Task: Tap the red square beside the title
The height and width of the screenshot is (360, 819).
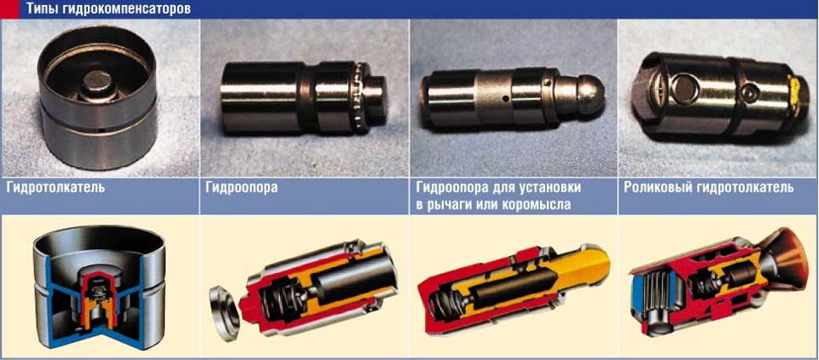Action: coord(9,9)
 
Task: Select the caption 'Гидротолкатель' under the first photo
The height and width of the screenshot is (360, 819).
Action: coord(56,187)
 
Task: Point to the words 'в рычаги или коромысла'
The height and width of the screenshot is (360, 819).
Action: coord(494,205)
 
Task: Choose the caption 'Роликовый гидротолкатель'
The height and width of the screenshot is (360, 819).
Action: coord(709,187)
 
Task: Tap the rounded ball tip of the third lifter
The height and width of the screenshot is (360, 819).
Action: coord(590,95)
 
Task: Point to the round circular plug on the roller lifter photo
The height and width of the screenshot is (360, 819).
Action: coord(685,87)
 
